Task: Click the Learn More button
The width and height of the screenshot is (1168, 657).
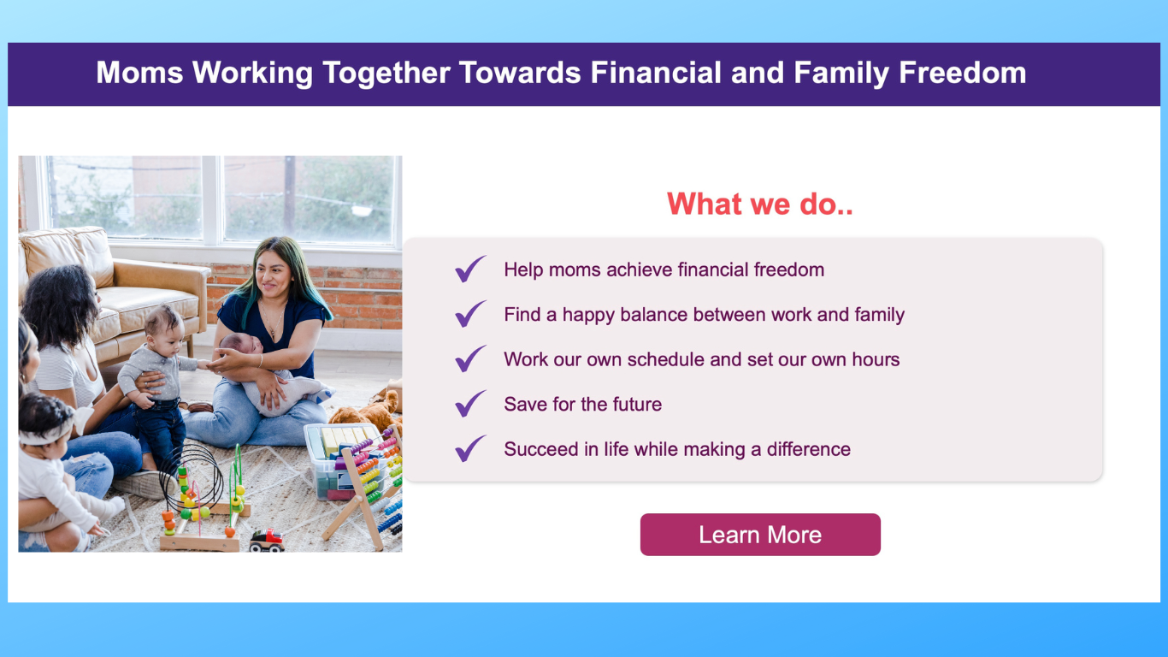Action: pyautogui.click(x=760, y=535)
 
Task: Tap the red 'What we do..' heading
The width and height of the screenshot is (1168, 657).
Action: pyautogui.click(x=760, y=204)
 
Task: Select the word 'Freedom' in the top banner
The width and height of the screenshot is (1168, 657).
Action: pyautogui.click(x=962, y=73)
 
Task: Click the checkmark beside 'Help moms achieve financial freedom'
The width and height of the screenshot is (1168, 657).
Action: pyautogui.click(x=470, y=269)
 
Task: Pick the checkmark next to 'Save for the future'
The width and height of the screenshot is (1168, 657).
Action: pyautogui.click(x=470, y=404)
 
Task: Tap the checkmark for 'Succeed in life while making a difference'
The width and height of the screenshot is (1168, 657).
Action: pyautogui.click(x=470, y=448)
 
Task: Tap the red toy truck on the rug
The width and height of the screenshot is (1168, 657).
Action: pyautogui.click(x=267, y=541)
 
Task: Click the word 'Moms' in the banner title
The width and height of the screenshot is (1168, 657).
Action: pyautogui.click(x=139, y=73)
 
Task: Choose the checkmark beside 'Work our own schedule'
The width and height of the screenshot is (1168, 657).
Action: pyautogui.click(x=470, y=358)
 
